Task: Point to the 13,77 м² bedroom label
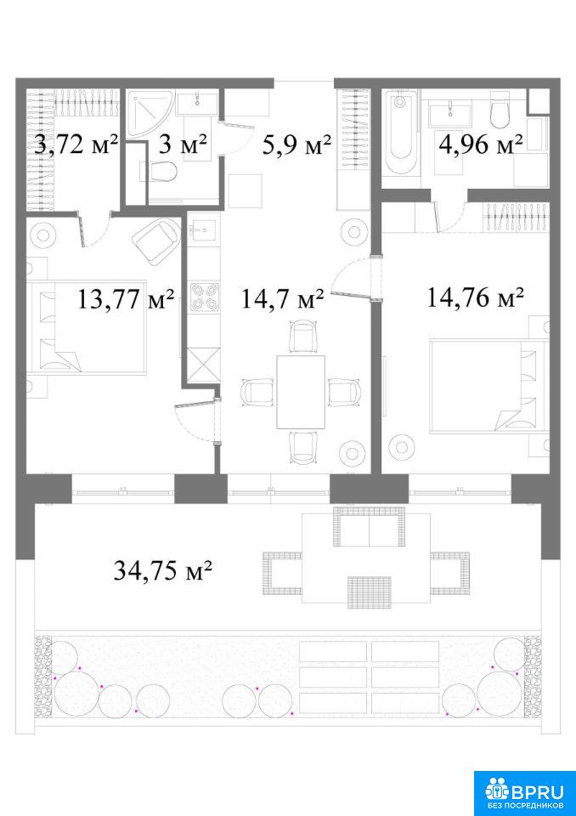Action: pyautogui.click(x=126, y=299)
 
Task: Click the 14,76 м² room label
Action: pyautogui.click(x=475, y=298)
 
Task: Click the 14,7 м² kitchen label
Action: pyautogui.click(x=283, y=299)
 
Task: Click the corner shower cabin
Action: pyautogui.click(x=151, y=113)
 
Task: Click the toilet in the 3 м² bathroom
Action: pyautogui.click(x=158, y=171)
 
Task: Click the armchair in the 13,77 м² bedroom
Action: pyautogui.click(x=156, y=237)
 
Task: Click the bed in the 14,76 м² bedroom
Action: pyautogui.click(x=489, y=386)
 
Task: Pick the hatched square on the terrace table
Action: pyautogui.click(x=370, y=592)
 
